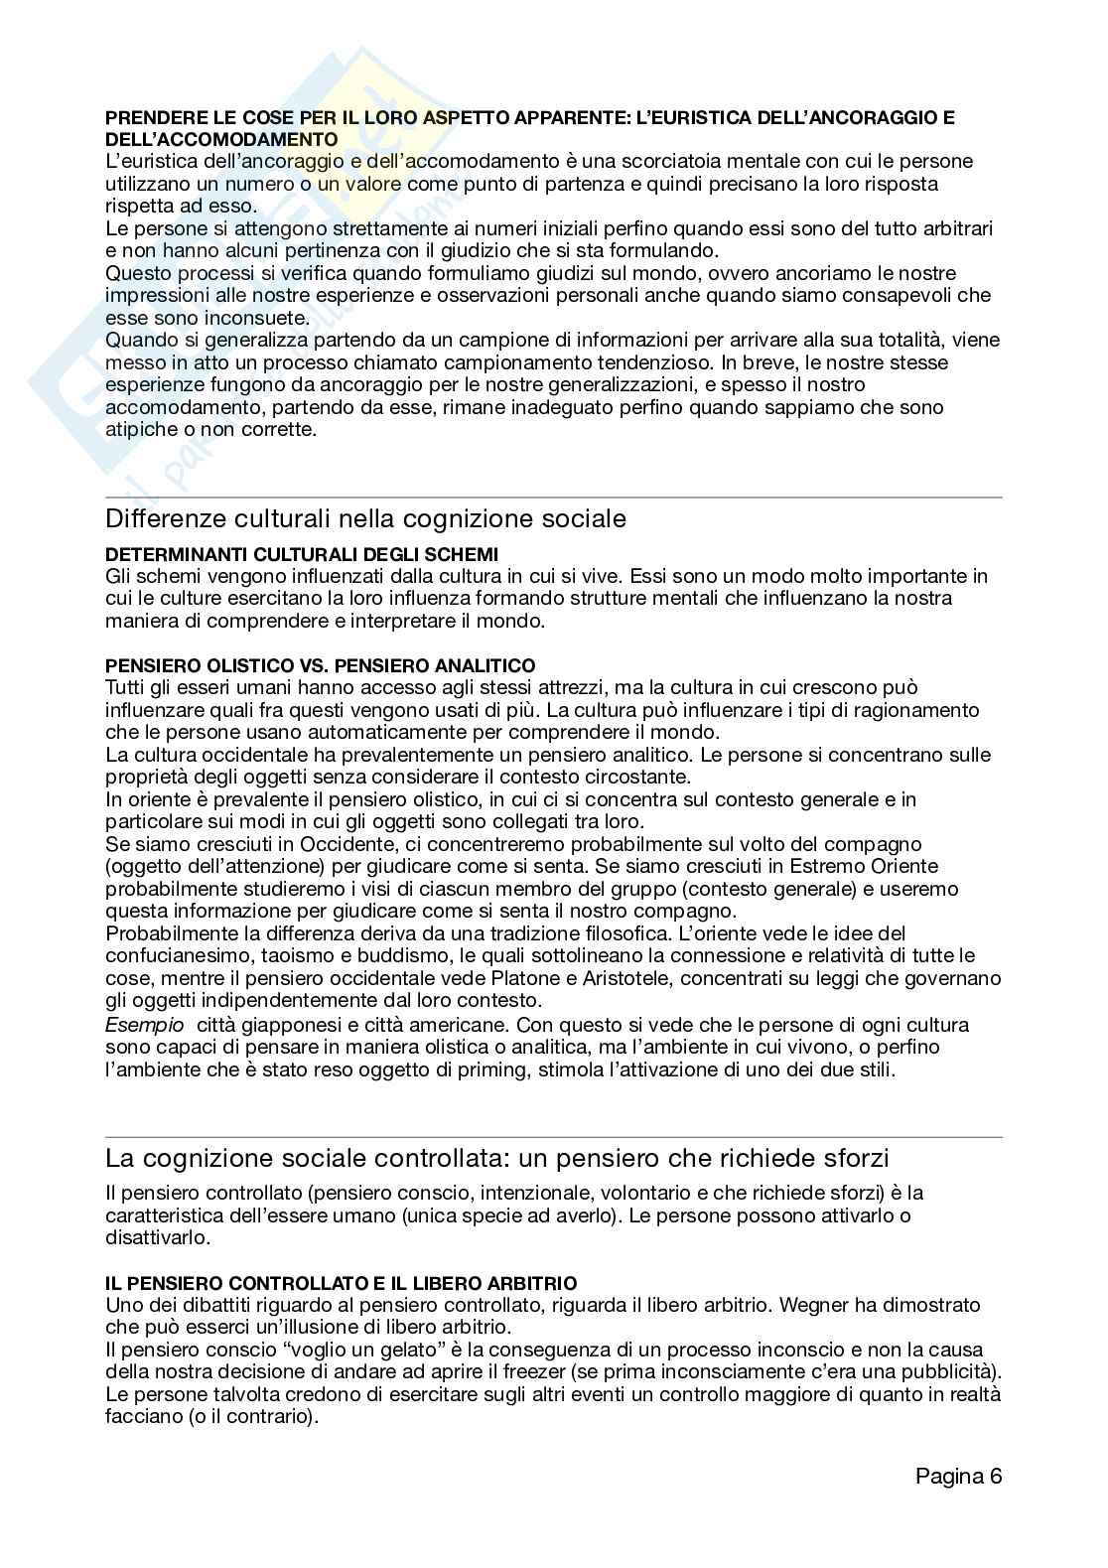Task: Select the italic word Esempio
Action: [x=145, y=1024]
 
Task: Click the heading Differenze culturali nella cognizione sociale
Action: [x=365, y=518]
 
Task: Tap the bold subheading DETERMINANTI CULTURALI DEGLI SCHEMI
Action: [x=302, y=554]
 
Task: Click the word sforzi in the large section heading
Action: [x=851, y=1158]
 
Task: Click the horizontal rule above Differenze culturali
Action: [x=553, y=497]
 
